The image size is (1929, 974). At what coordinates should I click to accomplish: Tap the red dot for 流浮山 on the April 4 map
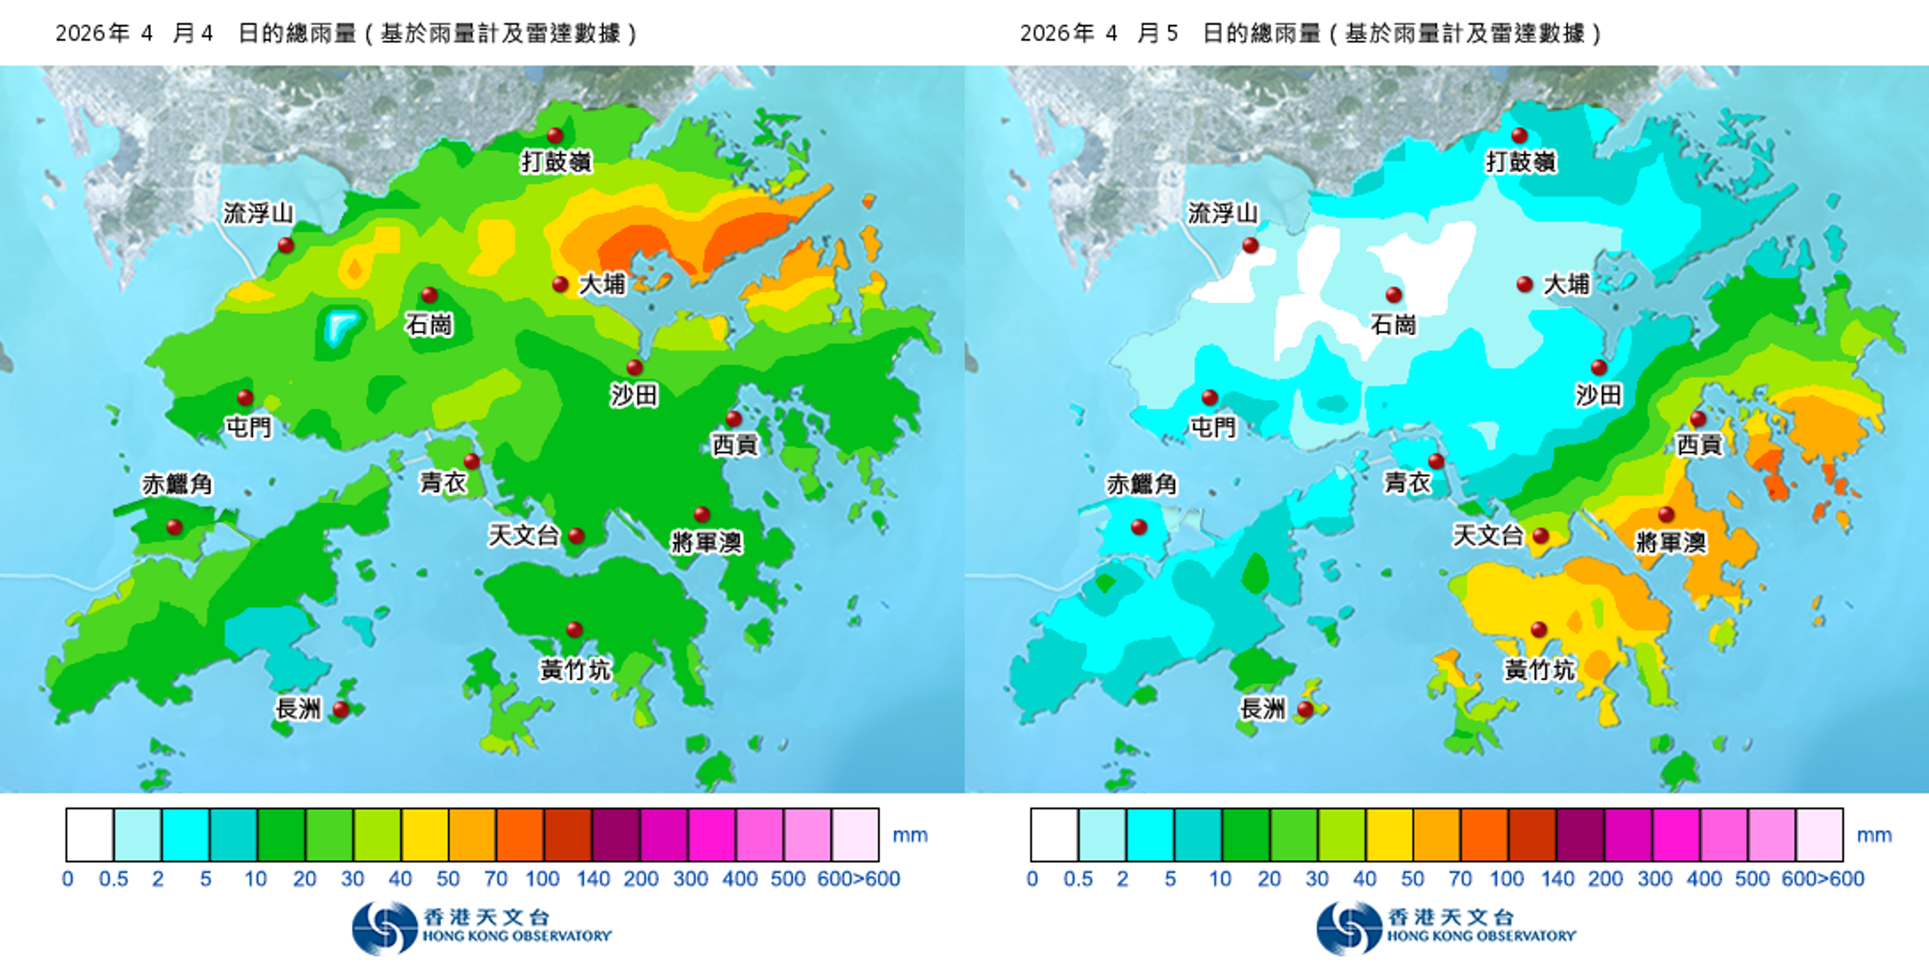point(285,245)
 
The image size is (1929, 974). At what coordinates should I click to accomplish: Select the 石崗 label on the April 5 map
point(1393,324)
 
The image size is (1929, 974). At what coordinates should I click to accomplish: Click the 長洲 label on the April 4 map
point(298,708)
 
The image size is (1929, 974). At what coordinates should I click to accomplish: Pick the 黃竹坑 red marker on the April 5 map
point(1539,629)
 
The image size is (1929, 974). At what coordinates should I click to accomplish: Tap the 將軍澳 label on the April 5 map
point(1671,542)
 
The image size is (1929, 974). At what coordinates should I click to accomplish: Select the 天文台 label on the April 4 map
point(524,535)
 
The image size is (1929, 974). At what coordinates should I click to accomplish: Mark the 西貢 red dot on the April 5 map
point(1698,418)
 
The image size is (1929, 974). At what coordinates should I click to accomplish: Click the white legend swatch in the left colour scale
point(90,834)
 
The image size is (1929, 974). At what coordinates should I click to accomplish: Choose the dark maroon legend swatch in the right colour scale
point(1580,834)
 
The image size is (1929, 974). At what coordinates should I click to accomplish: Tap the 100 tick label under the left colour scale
point(542,879)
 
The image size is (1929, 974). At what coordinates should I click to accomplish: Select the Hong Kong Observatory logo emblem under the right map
point(1349,928)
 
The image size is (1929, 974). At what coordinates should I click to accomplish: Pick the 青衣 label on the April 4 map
point(443,483)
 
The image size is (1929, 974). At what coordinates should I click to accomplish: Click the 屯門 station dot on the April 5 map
point(1209,397)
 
